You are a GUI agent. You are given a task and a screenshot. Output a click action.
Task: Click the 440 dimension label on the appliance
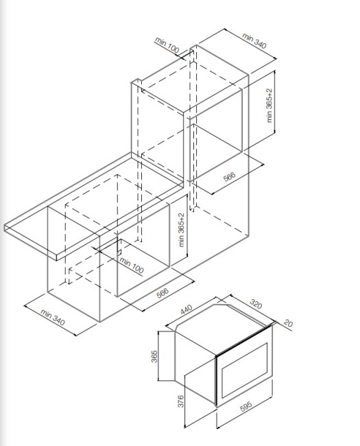[187, 309]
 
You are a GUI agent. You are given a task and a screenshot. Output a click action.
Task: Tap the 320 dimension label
[256, 304]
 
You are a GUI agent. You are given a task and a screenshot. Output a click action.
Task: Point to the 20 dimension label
[288, 323]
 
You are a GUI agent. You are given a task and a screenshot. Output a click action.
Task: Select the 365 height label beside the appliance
[154, 356]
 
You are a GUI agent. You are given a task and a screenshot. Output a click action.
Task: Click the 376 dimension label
[181, 401]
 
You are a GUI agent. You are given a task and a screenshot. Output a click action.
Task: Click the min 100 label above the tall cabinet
[167, 45]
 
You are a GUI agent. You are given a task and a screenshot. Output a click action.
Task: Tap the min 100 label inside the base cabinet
[132, 266]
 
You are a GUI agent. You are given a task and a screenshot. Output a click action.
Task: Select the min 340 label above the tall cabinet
[254, 41]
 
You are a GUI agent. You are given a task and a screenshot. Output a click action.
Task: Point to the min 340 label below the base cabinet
[53, 318]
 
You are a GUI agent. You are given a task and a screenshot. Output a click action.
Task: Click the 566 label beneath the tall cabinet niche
[230, 176]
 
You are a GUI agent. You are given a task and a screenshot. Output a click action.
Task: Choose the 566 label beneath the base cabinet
[163, 293]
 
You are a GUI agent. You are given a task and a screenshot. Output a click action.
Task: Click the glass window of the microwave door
[245, 370]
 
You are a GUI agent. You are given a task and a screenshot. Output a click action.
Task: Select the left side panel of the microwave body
[195, 367]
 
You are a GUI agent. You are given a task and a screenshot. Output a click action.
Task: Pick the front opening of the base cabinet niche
[143, 250]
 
